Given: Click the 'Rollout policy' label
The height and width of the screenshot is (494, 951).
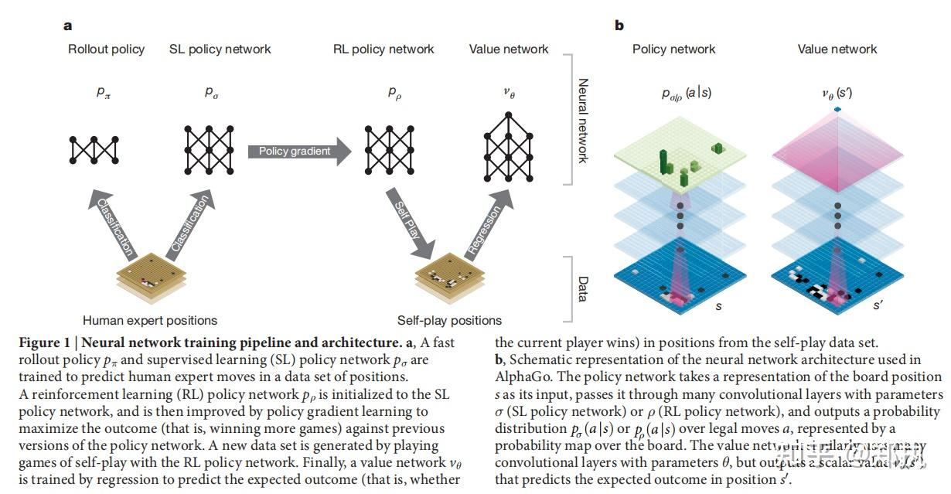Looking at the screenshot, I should (106, 49).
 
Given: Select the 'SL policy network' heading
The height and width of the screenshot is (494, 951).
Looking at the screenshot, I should (220, 49).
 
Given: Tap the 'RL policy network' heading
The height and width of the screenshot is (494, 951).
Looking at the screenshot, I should (383, 49).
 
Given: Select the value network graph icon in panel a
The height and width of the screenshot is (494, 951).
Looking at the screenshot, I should (509, 139).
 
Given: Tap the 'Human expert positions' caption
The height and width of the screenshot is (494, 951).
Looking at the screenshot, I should (150, 320).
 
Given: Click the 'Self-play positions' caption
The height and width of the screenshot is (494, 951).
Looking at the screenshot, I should (449, 320).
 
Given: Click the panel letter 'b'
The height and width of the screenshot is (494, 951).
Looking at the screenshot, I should (619, 26).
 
